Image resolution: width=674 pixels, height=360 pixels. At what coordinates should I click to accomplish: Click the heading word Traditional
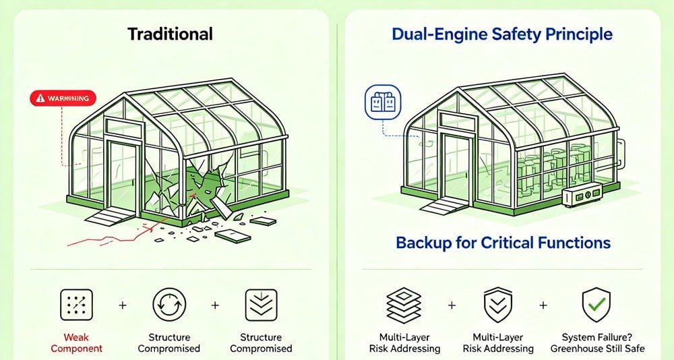(170, 34)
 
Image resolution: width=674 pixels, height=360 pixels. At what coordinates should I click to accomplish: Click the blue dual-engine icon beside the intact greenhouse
(377, 101)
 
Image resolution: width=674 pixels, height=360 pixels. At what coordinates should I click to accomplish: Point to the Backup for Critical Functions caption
(503, 243)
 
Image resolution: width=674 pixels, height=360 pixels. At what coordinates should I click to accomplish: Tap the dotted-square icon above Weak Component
(75, 305)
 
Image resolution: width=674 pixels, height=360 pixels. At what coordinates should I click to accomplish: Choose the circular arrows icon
(168, 305)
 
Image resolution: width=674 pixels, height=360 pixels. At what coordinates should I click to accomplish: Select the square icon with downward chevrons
(261, 305)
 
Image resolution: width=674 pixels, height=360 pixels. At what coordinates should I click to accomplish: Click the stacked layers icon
(404, 305)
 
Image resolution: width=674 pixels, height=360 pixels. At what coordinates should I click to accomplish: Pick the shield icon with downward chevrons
(499, 305)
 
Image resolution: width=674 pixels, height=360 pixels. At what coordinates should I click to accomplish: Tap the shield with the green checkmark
(596, 304)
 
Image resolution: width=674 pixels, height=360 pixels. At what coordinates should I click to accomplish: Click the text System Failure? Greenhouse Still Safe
(596, 342)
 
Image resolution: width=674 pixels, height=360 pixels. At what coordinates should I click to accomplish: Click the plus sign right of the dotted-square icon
(123, 305)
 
